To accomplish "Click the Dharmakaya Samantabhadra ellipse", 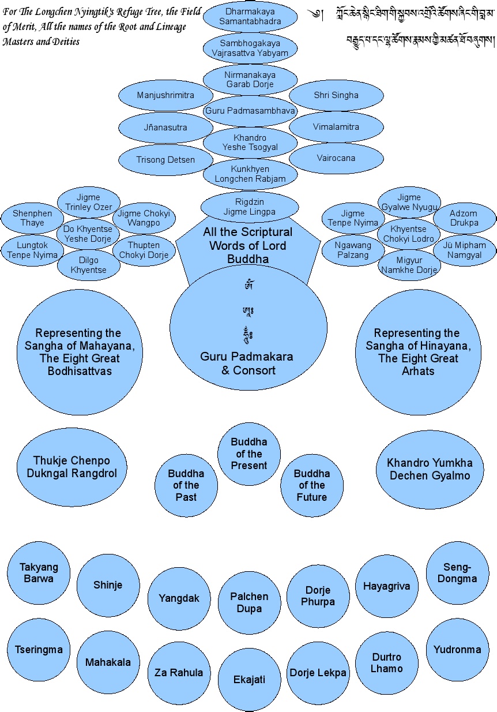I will [x=250, y=16].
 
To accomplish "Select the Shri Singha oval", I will [x=336, y=95].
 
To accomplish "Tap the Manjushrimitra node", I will [x=165, y=95].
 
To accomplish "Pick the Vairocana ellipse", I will [x=336, y=158].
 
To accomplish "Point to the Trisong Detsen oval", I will [x=165, y=160].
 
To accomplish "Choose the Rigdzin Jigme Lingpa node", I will [x=250, y=207].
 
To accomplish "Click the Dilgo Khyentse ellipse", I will [x=89, y=265].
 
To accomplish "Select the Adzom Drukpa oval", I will [x=464, y=218].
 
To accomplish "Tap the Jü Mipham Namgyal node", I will [x=464, y=250].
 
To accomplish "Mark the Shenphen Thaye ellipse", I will [x=32, y=218].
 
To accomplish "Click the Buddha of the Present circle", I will [x=249, y=454].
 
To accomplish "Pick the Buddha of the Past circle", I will [x=186, y=485].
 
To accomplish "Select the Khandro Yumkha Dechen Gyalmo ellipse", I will [x=430, y=469].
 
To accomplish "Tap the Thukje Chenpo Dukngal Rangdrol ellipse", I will [x=71, y=467].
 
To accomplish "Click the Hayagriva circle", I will [x=387, y=586].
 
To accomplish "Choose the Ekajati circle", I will [x=249, y=680].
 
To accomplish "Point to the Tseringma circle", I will [x=39, y=650].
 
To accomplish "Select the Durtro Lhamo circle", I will [x=387, y=663].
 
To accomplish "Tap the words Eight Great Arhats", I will [x=418, y=365].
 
